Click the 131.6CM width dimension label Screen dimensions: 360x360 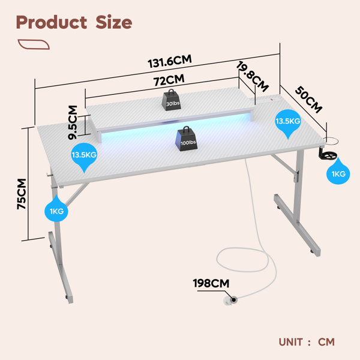[169, 61]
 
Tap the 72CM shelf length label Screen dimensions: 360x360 [169, 80]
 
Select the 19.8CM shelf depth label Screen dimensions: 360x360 [253, 76]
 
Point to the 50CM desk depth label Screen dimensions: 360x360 [308, 100]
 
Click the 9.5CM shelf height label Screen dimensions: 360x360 [73, 122]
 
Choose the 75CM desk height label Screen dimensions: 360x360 [22, 194]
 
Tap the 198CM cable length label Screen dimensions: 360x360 [211, 283]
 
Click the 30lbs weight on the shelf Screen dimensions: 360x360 [171, 100]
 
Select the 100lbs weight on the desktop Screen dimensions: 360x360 [186, 139]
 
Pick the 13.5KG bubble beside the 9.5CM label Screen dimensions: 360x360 [84, 157]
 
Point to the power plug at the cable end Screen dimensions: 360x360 [231, 301]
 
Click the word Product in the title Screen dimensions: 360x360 [52, 23]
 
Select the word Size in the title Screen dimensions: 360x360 [114, 22]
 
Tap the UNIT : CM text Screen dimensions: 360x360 [307, 342]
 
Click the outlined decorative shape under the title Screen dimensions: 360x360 [34, 44]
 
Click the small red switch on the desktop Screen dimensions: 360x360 [272, 100]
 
